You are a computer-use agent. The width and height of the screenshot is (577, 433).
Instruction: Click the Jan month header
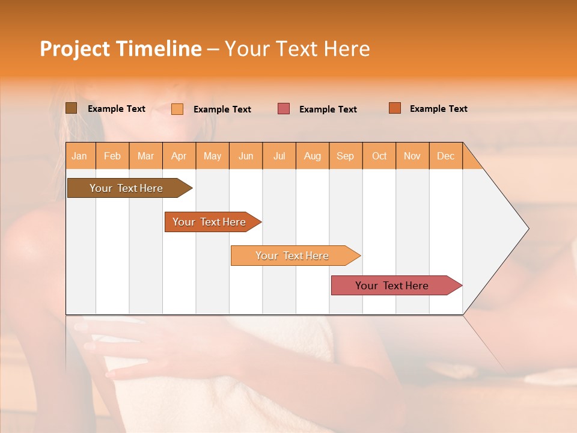tap(80, 156)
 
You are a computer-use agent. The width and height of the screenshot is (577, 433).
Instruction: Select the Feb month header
tap(112, 156)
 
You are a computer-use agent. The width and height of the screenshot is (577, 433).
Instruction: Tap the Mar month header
tap(145, 156)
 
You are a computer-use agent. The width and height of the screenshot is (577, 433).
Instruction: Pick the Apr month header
tap(179, 156)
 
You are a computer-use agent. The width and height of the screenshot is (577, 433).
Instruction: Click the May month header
tap(212, 156)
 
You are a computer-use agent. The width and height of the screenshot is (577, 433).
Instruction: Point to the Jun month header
tap(246, 156)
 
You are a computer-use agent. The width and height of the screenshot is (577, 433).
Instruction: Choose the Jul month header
tap(279, 156)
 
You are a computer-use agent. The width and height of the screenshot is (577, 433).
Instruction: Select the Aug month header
tap(313, 156)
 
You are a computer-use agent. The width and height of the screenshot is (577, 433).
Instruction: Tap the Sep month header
tap(346, 156)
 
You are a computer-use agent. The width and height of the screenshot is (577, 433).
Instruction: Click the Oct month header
tap(379, 156)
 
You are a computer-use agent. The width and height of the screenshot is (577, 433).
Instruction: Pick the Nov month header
tap(412, 156)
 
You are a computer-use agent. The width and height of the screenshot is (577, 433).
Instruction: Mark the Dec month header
tap(446, 156)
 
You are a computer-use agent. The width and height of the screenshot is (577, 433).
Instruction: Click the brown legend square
tap(71, 108)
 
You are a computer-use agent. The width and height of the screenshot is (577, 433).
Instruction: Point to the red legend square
tap(284, 109)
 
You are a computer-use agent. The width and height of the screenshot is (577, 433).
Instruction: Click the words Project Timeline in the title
tap(121, 49)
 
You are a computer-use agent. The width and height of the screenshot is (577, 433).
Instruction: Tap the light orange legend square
tap(177, 109)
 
